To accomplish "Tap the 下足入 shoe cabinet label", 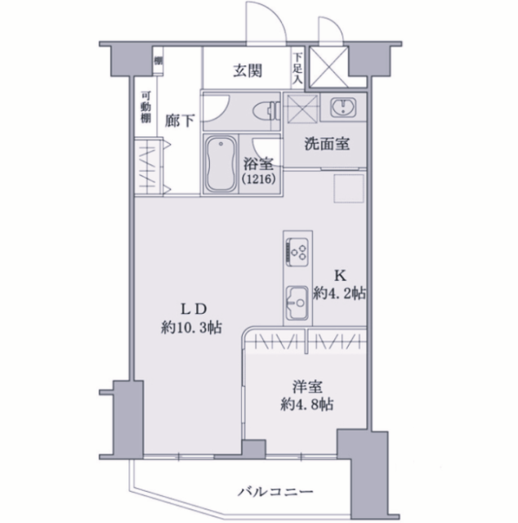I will tap(297, 65).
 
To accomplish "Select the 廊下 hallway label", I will tap(180, 120).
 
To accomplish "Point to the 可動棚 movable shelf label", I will tap(144, 107).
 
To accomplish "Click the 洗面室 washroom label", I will tap(328, 144).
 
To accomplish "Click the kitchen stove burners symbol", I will tap(297, 250).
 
